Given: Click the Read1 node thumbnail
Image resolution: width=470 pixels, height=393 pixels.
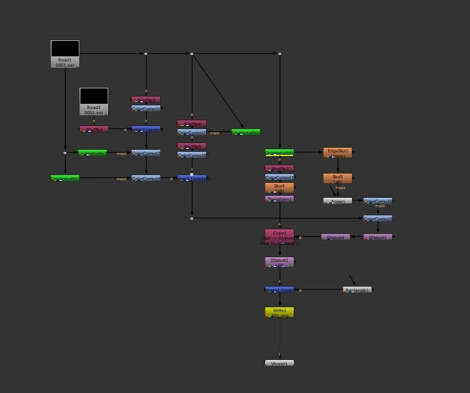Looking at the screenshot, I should click(x=65, y=49).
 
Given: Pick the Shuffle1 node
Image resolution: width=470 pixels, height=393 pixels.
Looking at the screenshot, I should click(x=94, y=129).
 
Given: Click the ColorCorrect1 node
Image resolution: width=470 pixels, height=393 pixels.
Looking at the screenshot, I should click(x=146, y=109).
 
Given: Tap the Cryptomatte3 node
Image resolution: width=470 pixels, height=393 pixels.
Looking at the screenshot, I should click(x=92, y=153).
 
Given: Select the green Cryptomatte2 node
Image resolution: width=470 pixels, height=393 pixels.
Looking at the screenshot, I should click(x=65, y=178).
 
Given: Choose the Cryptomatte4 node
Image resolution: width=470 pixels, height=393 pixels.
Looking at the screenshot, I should click(x=246, y=132).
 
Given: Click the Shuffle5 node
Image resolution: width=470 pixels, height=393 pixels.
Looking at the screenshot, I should click(x=192, y=146).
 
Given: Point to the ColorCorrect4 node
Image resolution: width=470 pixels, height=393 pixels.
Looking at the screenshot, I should click(x=146, y=178).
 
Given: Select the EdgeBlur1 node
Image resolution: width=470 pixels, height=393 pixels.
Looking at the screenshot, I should click(x=338, y=153).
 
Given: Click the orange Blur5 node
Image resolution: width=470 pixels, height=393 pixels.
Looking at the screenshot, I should click(x=338, y=179).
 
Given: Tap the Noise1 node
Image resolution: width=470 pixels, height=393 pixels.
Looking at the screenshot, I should click(x=338, y=201).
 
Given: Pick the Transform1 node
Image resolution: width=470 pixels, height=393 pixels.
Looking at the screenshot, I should click(x=279, y=199).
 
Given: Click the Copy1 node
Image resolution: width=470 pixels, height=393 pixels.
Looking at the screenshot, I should click(x=279, y=236).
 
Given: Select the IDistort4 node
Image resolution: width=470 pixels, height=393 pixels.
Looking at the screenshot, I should click(x=335, y=237).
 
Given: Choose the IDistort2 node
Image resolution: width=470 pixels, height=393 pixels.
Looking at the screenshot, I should click(x=279, y=262).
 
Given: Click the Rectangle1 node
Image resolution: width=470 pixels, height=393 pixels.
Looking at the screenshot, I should click(x=357, y=290).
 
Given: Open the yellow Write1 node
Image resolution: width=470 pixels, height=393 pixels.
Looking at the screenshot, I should click(x=279, y=312).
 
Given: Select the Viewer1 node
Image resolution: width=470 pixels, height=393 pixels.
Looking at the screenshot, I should click(x=279, y=363).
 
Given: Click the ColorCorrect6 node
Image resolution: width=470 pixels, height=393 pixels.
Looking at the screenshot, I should click(x=378, y=201).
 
